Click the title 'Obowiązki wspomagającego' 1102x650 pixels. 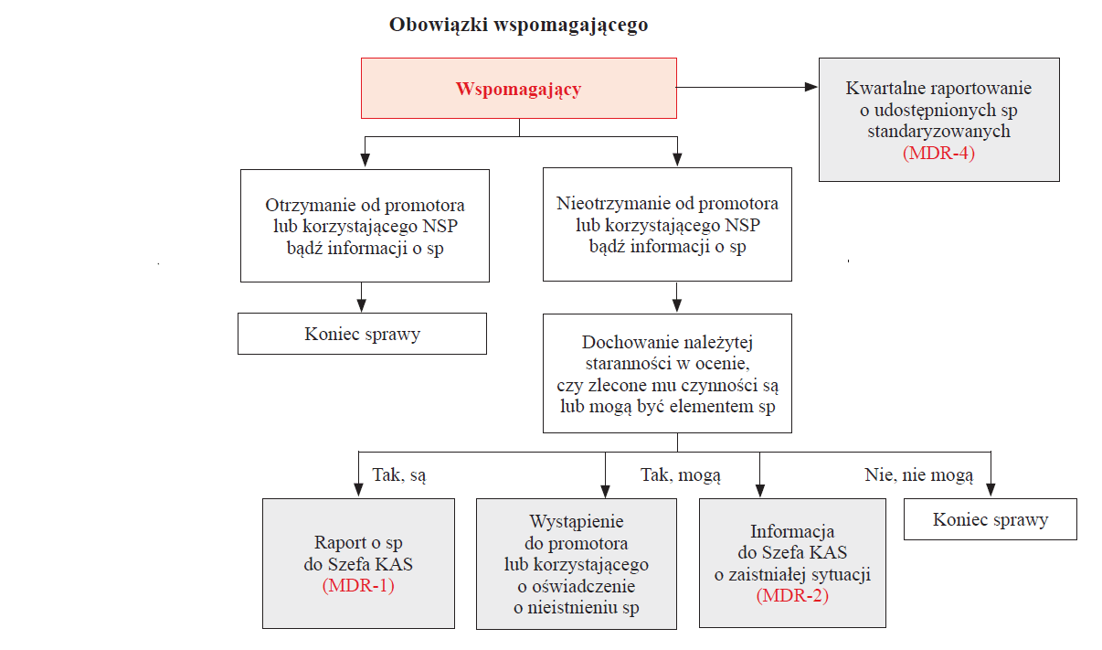point(518,25)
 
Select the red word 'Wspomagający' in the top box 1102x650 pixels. point(518,90)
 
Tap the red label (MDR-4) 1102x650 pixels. point(938,153)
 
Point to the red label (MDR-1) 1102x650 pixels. point(358,585)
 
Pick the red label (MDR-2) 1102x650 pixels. point(792,595)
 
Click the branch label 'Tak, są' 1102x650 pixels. point(399,475)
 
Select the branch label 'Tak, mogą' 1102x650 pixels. point(681,475)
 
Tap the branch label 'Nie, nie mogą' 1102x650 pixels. point(919,475)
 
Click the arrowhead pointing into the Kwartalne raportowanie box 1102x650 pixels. point(811,87)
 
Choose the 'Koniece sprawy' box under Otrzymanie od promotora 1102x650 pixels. point(362,334)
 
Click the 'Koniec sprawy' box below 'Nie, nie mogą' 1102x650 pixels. point(991,519)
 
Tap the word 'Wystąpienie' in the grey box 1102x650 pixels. point(577,522)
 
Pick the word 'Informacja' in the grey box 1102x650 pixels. point(792,531)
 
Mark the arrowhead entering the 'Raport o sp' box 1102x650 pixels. point(358,490)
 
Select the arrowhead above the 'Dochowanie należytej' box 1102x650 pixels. point(677,305)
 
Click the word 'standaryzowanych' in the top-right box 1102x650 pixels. point(938,132)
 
